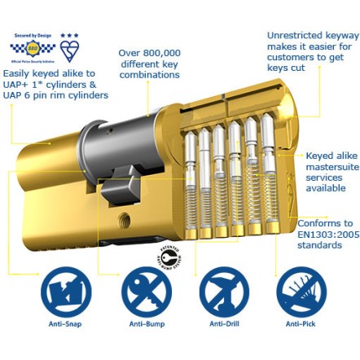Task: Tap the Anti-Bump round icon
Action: (146, 292)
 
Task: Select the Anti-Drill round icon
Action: (223, 292)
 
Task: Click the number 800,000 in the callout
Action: (164, 54)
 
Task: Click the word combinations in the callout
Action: (150, 75)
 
